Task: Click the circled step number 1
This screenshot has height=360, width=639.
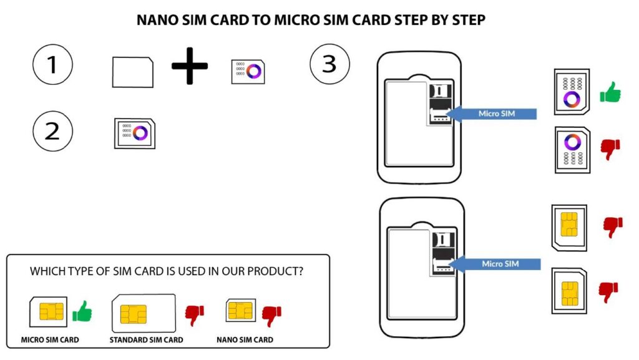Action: point(52,64)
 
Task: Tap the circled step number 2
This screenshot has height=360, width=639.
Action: point(52,131)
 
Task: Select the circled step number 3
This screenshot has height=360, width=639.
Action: point(329,64)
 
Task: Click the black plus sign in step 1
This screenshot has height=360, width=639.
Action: point(190,66)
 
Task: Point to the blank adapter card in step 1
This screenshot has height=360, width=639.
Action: point(133,72)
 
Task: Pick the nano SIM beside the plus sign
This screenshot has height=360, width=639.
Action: point(248,72)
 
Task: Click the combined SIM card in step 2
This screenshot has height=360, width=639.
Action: point(135,133)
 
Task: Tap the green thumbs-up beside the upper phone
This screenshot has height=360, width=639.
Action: point(610,92)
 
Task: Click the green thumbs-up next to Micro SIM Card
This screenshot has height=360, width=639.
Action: point(82,311)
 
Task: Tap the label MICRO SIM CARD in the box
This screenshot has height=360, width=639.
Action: point(50,339)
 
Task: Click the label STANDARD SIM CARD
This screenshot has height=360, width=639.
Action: point(146,339)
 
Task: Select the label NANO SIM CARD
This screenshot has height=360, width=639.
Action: point(245,339)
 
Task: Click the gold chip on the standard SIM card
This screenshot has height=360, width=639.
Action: point(134,314)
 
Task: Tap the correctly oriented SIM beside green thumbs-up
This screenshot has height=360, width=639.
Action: point(572,92)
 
